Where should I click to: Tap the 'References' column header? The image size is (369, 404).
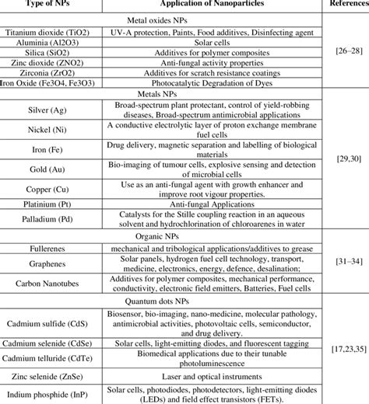[x=347, y=5]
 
